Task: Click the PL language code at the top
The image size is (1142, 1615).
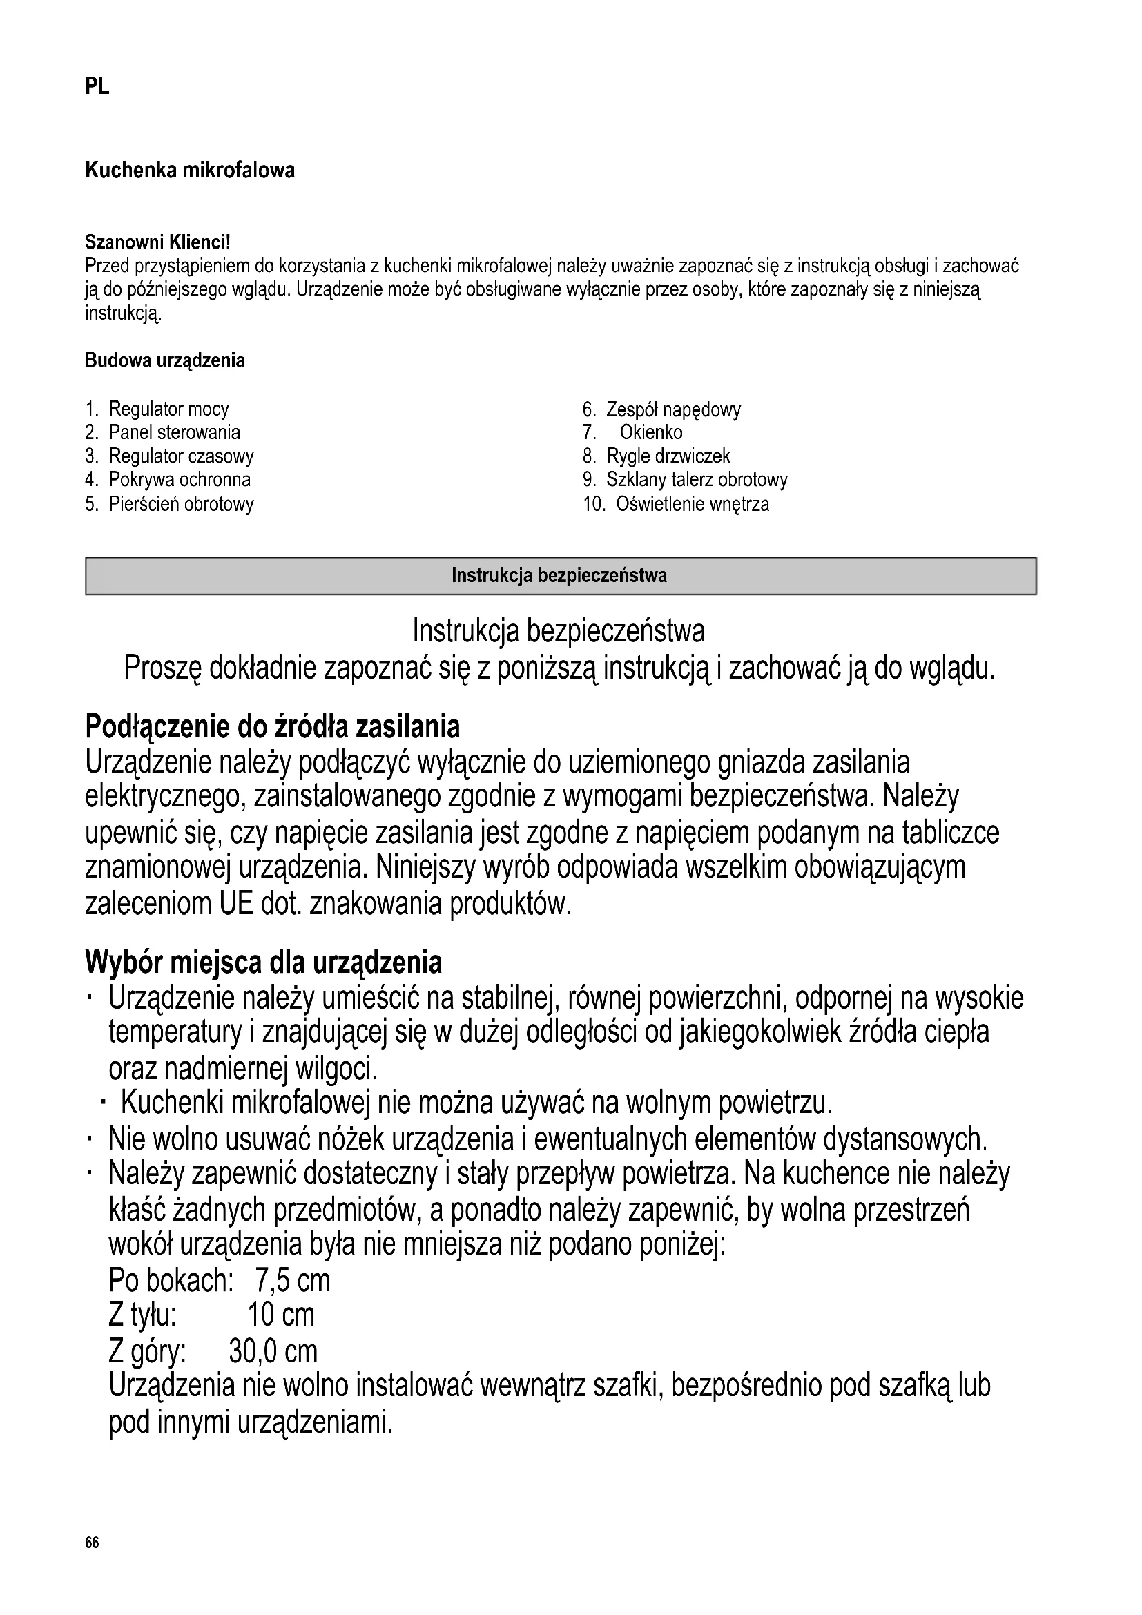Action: pyautogui.click(x=97, y=86)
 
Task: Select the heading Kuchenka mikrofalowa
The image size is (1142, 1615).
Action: pyautogui.click(x=190, y=171)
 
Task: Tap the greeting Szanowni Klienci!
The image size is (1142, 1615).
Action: pyautogui.click(x=157, y=242)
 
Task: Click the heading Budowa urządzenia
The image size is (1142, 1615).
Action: pyautogui.click(x=165, y=361)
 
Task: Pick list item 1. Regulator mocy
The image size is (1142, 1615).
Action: pyautogui.click(x=157, y=409)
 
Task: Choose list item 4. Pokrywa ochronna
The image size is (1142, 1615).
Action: pyautogui.click(x=167, y=480)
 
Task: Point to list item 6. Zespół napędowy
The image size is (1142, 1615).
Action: pyautogui.click(x=661, y=409)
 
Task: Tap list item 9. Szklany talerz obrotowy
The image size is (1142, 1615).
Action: pyautogui.click(x=685, y=480)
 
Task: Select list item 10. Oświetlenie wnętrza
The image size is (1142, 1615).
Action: pyautogui.click(x=676, y=504)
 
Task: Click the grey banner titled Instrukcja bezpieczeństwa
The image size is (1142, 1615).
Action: pyautogui.click(x=561, y=576)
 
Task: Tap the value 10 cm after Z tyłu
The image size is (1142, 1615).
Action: pyautogui.click(x=281, y=1315)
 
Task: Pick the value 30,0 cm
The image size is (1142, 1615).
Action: pyautogui.click(x=273, y=1351)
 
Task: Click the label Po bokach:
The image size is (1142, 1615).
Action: pyautogui.click(x=170, y=1281)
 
